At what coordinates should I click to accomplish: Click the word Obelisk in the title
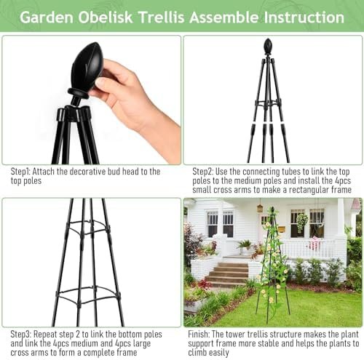(x=106, y=17)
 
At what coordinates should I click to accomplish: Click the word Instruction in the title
(x=304, y=17)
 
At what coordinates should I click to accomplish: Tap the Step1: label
(x=20, y=172)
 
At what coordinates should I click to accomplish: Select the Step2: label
(x=203, y=172)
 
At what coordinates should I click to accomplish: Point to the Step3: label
(x=21, y=335)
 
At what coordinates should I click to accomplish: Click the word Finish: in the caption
(x=199, y=335)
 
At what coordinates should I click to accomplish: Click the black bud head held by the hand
(x=87, y=67)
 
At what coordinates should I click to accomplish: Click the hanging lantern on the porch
(x=260, y=208)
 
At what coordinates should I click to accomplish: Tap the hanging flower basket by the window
(x=302, y=221)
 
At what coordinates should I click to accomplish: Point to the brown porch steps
(x=227, y=274)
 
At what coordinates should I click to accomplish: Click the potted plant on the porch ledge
(x=245, y=246)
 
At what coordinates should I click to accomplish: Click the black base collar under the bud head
(x=78, y=92)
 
